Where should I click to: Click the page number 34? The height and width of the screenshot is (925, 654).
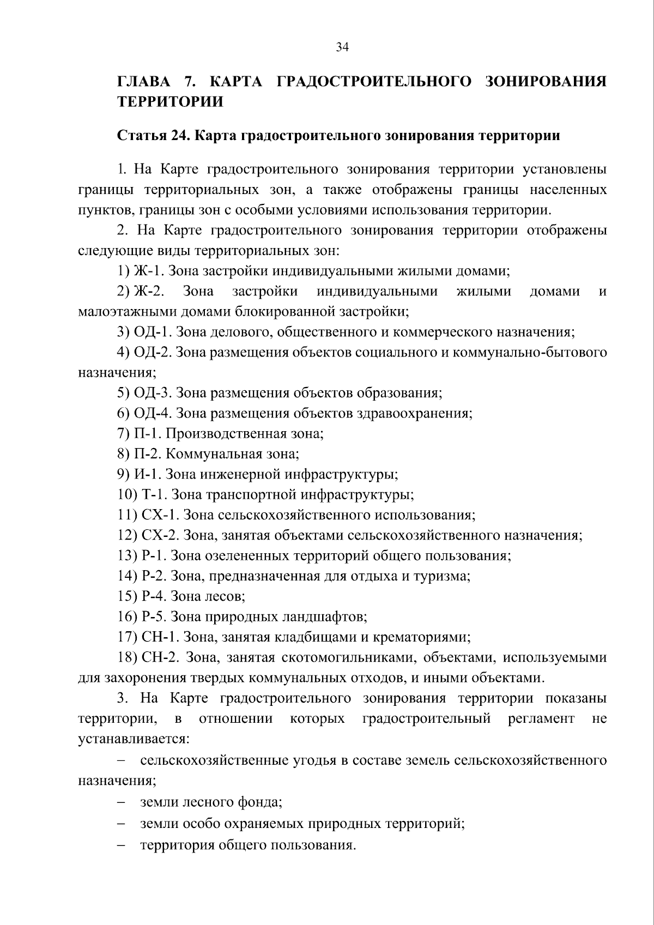click(342, 47)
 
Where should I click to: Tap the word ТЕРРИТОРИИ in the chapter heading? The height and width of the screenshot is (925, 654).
click(170, 102)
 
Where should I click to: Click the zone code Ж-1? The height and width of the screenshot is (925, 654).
click(148, 271)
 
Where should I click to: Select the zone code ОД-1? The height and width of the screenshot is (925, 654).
click(152, 332)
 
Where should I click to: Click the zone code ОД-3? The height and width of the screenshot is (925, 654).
click(153, 393)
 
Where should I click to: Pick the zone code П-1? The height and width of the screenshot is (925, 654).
click(147, 434)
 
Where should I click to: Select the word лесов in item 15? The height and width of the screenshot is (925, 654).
click(224, 596)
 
